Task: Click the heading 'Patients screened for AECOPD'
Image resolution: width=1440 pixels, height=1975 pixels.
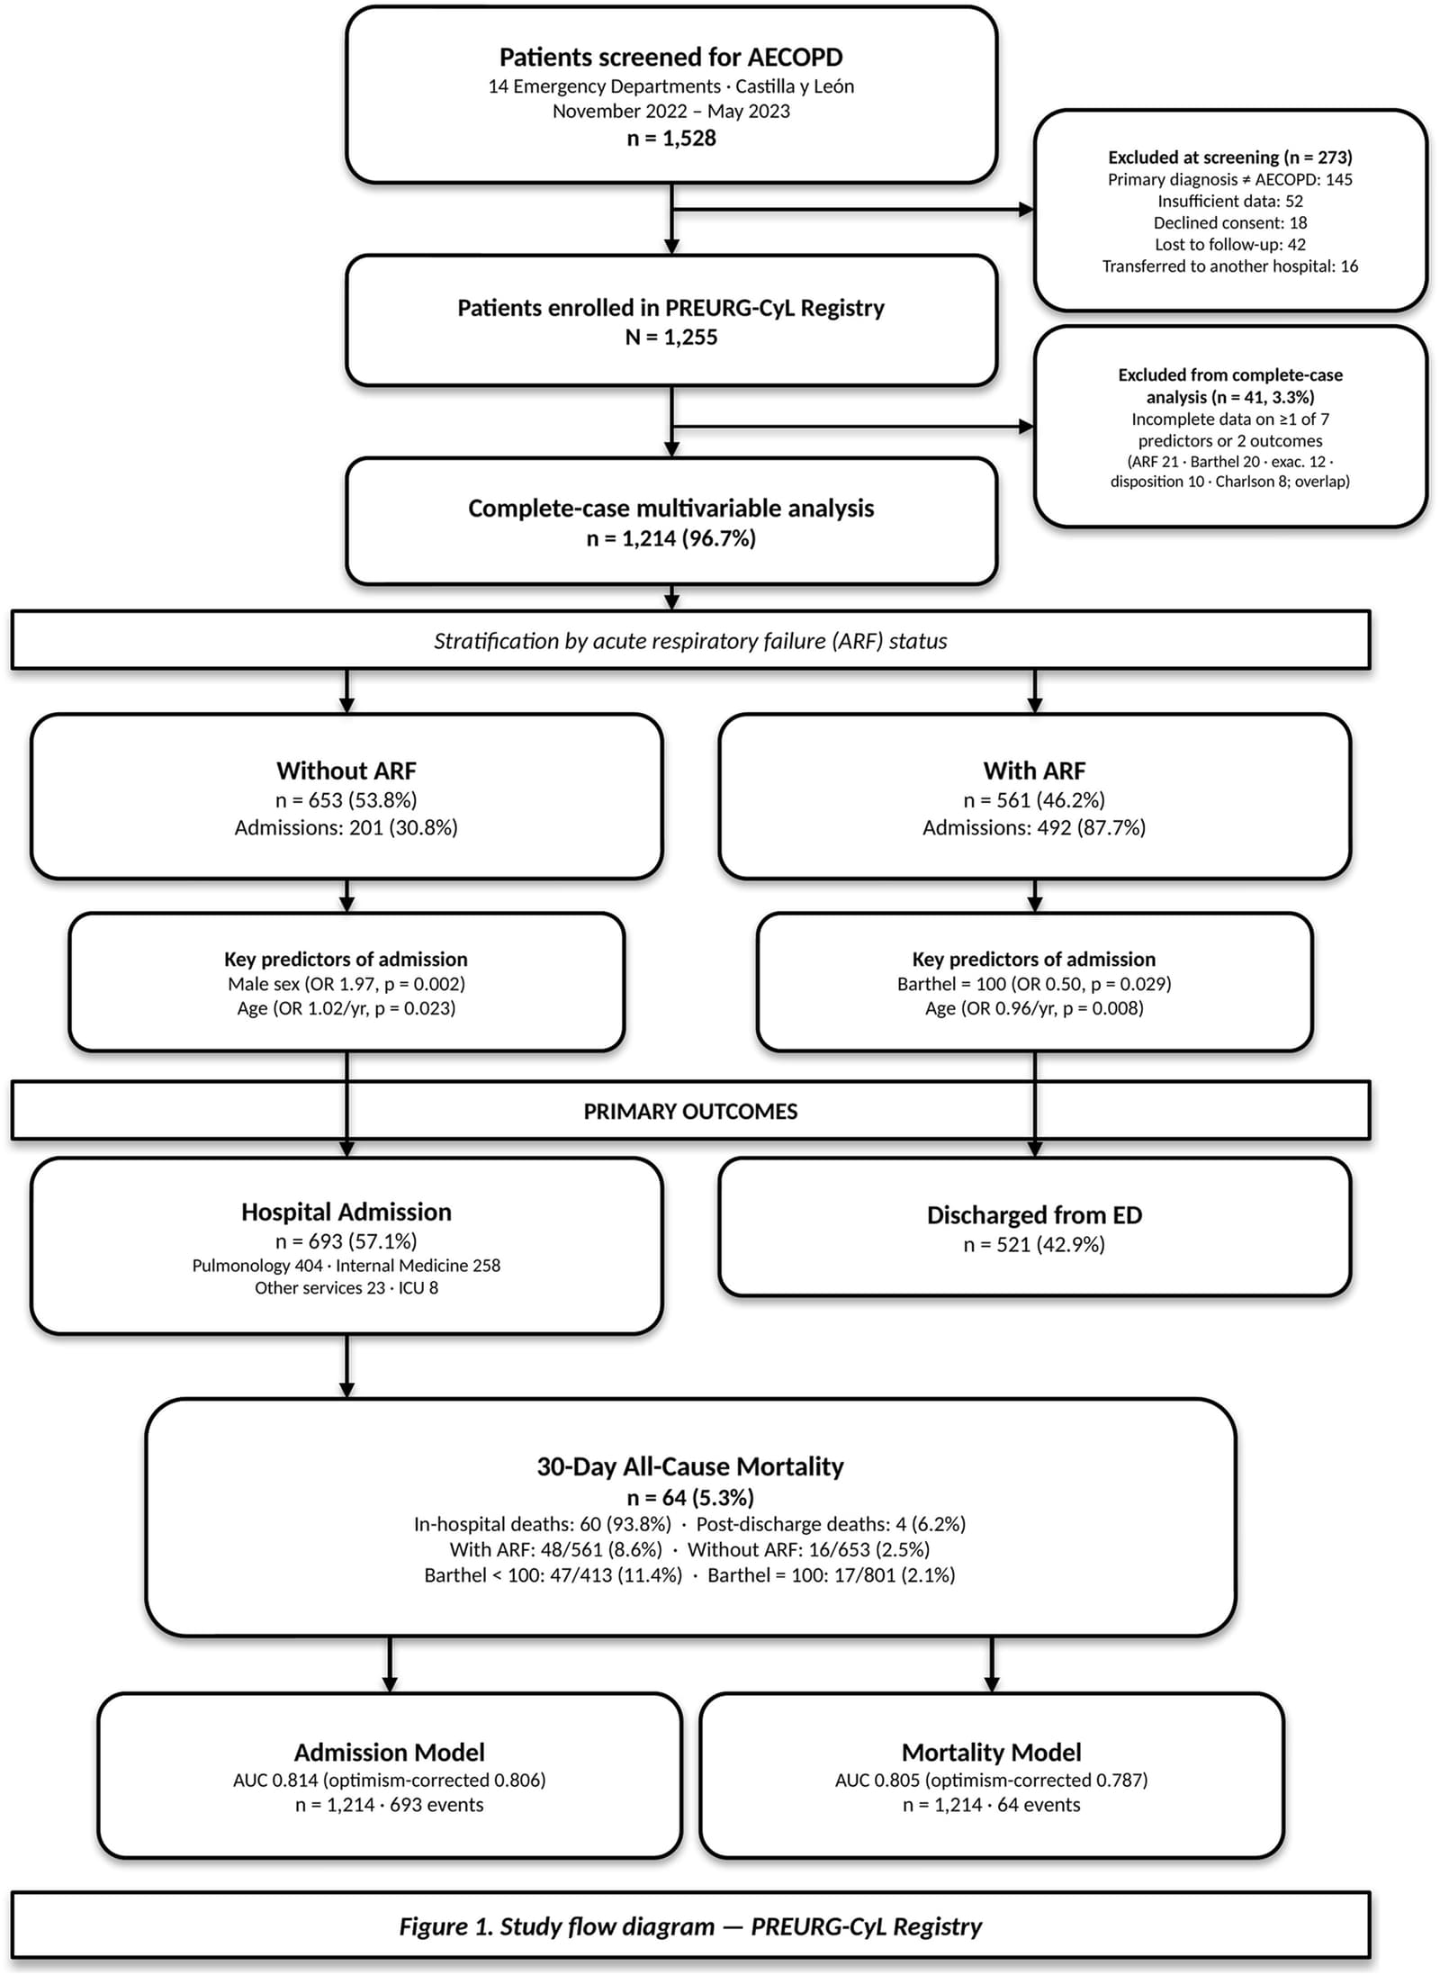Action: [671, 58]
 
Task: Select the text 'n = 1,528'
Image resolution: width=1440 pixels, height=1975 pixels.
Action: [671, 138]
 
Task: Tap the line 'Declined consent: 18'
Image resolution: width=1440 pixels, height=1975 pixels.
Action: [1230, 222]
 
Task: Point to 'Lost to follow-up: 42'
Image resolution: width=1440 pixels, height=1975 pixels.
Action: [1230, 244]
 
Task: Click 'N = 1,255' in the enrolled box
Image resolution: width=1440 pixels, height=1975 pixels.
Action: [671, 338]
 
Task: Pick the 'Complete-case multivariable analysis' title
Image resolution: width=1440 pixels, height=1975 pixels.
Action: [671, 509]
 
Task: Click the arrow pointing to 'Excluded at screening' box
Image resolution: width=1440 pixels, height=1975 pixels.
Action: [853, 210]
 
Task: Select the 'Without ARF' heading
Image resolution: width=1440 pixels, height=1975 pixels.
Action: [346, 771]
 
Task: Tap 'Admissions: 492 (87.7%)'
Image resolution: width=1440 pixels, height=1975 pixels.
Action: [1034, 827]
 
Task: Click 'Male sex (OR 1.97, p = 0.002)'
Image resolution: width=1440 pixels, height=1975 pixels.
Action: [346, 984]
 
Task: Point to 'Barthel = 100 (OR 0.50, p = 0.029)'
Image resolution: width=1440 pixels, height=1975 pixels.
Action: [1034, 984]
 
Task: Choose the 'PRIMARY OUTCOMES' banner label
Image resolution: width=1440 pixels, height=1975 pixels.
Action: [690, 1112]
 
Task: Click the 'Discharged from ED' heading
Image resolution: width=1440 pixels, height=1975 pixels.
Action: [1034, 1215]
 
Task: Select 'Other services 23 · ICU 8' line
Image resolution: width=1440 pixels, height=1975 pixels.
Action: [346, 1287]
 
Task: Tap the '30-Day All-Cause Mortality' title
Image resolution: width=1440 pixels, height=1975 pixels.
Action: [690, 1466]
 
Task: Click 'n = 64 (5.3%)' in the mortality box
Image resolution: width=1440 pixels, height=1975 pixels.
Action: [690, 1497]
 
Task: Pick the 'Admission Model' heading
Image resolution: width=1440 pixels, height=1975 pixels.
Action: [390, 1752]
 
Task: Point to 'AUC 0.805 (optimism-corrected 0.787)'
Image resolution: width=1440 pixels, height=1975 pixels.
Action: [991, 1780]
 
